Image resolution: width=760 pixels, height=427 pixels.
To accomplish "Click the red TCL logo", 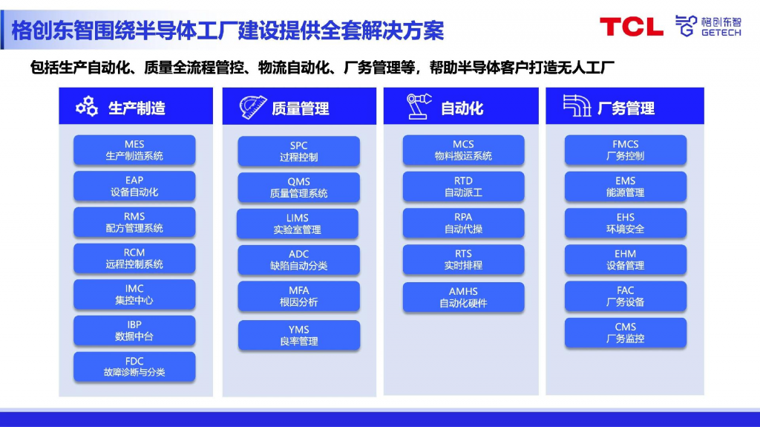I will pos(631,27).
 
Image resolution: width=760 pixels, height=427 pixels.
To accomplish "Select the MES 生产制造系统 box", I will pos(134,150).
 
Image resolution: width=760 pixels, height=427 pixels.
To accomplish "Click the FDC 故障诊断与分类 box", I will pos(134,367).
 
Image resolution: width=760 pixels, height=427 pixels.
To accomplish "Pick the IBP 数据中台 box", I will pos(134,330).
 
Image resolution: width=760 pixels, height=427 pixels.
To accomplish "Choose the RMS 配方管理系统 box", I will pos(134,222).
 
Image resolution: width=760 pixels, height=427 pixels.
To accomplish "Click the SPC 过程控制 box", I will pos(298,151).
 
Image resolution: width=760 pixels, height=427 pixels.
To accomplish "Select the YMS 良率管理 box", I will pos(298,336).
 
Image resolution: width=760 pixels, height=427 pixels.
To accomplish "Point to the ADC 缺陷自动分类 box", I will pos(298,260).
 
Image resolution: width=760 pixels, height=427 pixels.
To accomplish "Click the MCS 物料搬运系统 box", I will pos(463,150).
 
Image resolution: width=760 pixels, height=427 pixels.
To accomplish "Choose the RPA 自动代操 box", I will pos(463,223).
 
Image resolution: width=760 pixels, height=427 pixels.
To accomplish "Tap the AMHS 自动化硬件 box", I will pos(463,297).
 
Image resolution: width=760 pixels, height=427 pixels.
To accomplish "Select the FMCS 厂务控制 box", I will pos(626,150).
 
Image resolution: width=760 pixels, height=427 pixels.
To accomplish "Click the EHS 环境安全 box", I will pos(626,223).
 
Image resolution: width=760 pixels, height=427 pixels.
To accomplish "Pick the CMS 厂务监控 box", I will pos(626,333).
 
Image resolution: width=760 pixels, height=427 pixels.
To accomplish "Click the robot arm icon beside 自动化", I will pos(419,107).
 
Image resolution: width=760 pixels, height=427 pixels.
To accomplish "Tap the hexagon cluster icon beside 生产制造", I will pos(87,107).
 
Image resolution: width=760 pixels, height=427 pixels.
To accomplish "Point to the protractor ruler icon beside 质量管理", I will pos(252,107).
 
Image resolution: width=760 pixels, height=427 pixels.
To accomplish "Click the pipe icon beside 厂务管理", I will pos(577,107).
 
